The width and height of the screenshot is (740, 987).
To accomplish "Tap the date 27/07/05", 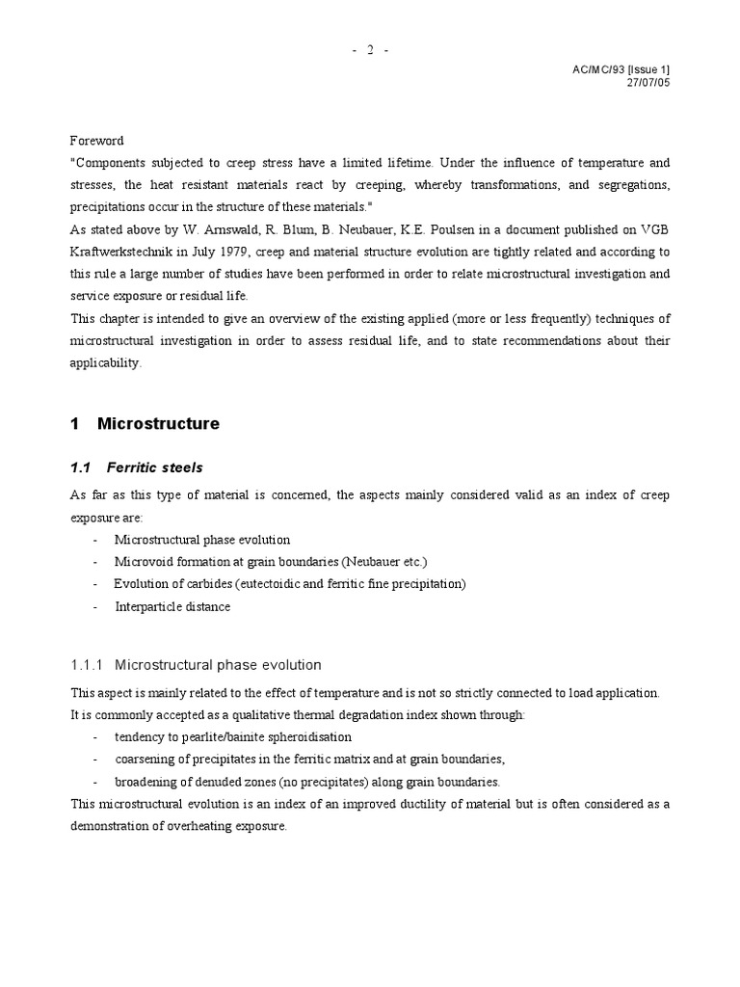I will coord(647,82).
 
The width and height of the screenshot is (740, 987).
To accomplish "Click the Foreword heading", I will coord(97,141).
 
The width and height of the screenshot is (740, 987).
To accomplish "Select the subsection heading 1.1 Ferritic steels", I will coord(136,467).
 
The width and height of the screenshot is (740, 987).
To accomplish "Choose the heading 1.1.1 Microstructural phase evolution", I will coord(196,665).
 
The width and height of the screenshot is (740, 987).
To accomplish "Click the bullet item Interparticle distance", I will coord(173,606).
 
